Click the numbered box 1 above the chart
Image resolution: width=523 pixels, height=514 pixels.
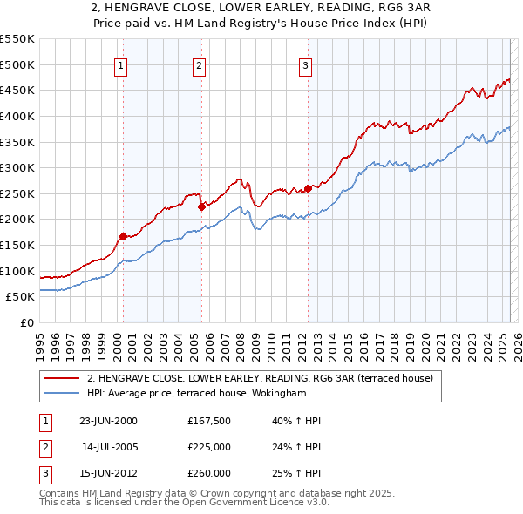[119, 64]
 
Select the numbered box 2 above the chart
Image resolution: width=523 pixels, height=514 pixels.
[200, 64]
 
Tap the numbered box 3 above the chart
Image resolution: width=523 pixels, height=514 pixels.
[306, 64]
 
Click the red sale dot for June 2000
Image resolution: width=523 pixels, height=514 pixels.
[123, 235]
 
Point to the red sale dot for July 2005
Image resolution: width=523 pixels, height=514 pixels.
[201, 206]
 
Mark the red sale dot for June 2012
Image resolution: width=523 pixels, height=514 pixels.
[308, 188]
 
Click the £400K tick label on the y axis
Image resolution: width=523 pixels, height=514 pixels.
[17, 116]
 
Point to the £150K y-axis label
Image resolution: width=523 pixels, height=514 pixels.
[17, 245]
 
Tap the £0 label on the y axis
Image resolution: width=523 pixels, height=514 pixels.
[26, 322]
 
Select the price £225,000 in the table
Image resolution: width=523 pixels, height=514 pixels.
[209, 448]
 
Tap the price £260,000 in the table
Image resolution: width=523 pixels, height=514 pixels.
[209, 473]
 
